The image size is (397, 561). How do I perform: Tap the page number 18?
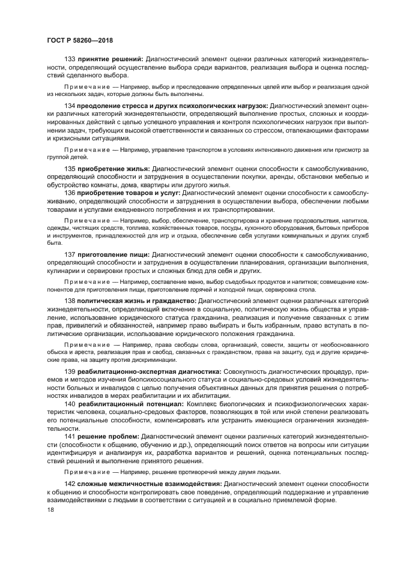click(50, 510)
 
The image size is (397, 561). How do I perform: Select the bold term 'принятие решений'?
click(110, 59)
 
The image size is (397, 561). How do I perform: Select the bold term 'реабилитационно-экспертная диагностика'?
click(151, 372)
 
